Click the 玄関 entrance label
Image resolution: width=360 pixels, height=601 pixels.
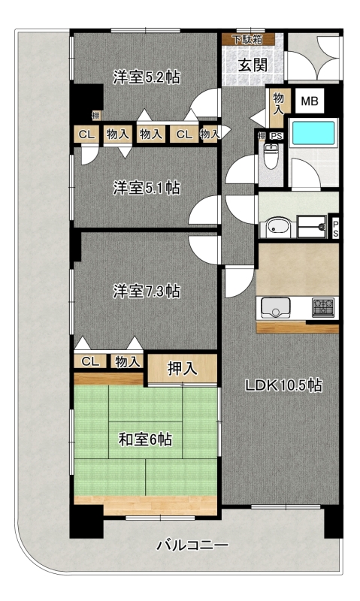[x=253, y=65]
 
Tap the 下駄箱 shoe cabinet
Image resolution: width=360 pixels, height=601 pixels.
[x=248, y=40]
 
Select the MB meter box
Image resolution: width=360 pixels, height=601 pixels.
[x=310, y=101]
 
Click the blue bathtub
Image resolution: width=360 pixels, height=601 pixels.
[x=313, y=133]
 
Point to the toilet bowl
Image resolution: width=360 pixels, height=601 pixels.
[x=271, y=156]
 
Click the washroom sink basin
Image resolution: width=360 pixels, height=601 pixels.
[x=277, y=227]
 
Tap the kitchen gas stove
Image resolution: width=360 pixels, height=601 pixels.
[x=323, y=307]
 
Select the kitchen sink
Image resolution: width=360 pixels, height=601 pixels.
[x=275, y=307]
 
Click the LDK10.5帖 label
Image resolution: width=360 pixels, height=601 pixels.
[x=283, y=385]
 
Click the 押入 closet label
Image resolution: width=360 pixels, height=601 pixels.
[x=182, y=369]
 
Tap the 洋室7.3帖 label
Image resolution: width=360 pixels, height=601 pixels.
[x=146, y=291]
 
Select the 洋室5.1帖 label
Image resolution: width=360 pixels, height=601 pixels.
[x=146, y=189]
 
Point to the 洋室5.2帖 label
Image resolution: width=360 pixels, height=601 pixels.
[x=146, y=77]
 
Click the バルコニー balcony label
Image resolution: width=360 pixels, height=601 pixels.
[x=192, y=545]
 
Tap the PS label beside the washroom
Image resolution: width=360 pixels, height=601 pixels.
[x=335, y=228]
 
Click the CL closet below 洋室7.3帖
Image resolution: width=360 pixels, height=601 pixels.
[x=90, y=361]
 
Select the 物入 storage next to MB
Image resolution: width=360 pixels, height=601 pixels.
[x=278, y=104]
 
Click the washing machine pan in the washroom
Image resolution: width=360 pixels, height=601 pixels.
[x=312, y=226]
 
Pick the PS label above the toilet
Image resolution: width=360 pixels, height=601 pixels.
[x=276, y=136]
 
